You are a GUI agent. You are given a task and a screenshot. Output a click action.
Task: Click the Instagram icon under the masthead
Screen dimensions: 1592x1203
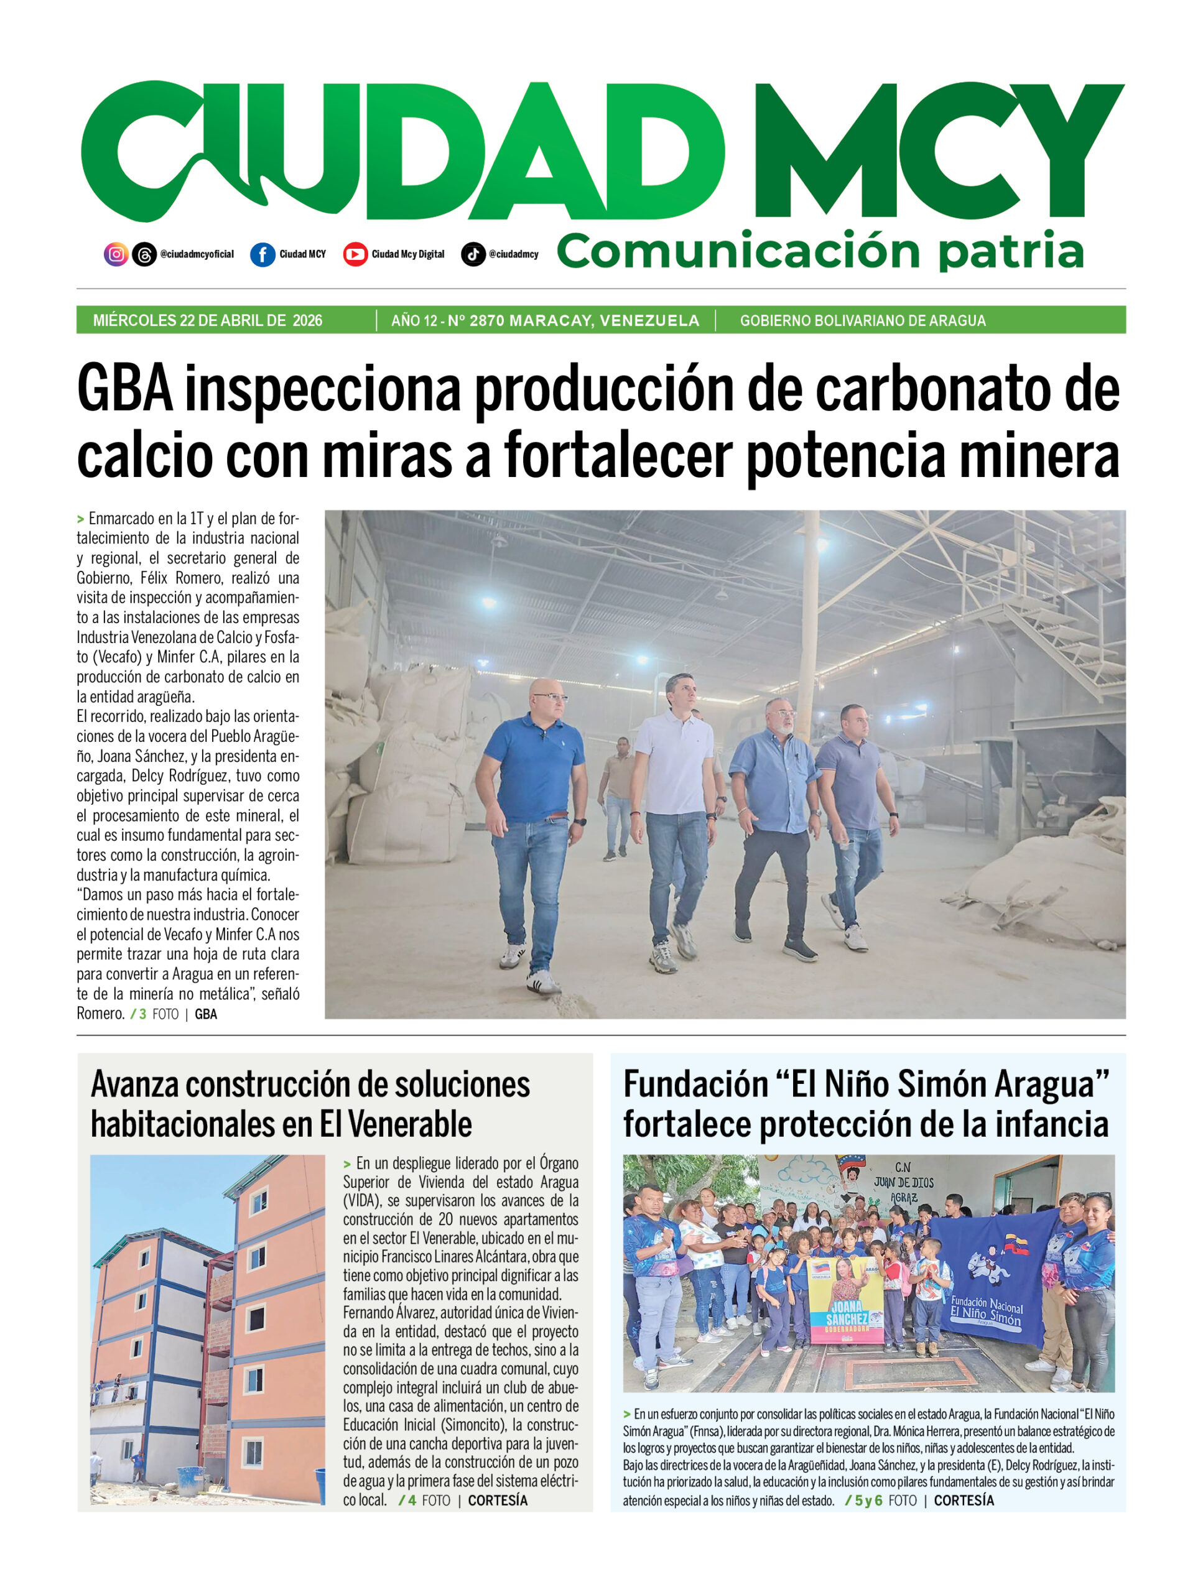[x=116, y=254]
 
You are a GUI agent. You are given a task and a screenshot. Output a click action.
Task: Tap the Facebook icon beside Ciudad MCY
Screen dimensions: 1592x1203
[x=262, y=254]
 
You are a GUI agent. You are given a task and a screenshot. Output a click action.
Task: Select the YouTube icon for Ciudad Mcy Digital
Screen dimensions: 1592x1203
[x=355, y=254]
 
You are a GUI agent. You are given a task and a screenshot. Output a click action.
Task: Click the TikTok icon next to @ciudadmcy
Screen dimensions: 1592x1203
[x=473, y=254]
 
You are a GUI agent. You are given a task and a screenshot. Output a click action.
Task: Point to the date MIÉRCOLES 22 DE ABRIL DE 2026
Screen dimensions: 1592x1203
[x=207, y=320]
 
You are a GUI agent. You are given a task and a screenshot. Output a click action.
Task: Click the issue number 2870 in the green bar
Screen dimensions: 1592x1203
[x=486, y=320]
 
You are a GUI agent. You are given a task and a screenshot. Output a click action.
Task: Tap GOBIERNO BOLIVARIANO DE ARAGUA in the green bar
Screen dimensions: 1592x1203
[x=863, y=320]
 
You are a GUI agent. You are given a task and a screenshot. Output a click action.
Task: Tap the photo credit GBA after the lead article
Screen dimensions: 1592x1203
[x=206, y=1014]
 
